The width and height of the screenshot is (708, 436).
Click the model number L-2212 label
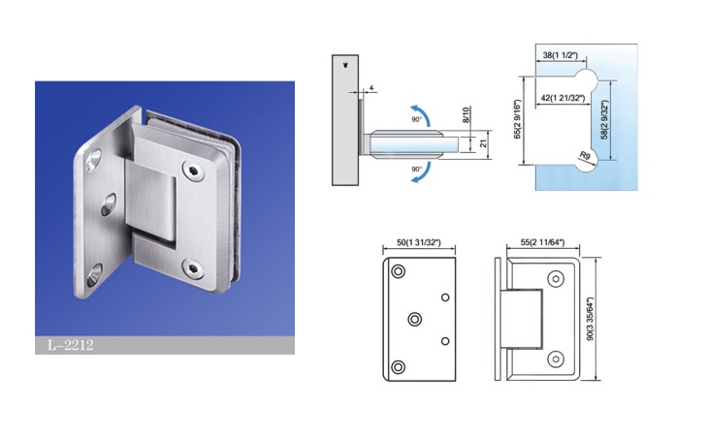(x=71, y=345)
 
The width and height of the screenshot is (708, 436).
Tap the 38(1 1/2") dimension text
(x=560, y=55)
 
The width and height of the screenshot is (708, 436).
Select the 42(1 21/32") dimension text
(x=563, y=98)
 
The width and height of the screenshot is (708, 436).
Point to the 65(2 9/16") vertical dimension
(x=518, y=119)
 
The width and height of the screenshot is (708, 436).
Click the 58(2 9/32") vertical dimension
(x=605, y=119)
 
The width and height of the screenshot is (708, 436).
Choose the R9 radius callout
(x=585, y=156)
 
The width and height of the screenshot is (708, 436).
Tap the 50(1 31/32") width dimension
(x=419, y=242)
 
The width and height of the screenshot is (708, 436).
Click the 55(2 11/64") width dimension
(x=542, y=242)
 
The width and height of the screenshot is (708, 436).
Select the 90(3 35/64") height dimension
(x=590, y=319)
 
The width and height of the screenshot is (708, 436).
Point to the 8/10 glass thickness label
(x=466, y=114)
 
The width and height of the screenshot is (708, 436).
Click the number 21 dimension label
(x=484, y=143)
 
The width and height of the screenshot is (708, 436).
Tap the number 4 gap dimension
(x=371, y=88)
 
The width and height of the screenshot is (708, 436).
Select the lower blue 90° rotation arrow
(x=421, y=173)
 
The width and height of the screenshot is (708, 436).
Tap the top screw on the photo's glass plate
(x=192, y=171)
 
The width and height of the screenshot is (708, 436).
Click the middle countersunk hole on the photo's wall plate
(x=109, y=204)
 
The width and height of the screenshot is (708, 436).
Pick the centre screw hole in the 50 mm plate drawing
(x=414, y=319)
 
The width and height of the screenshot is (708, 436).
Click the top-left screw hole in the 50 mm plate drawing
(x=398, y=271)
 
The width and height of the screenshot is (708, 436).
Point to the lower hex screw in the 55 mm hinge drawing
(x=556, y=359)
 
